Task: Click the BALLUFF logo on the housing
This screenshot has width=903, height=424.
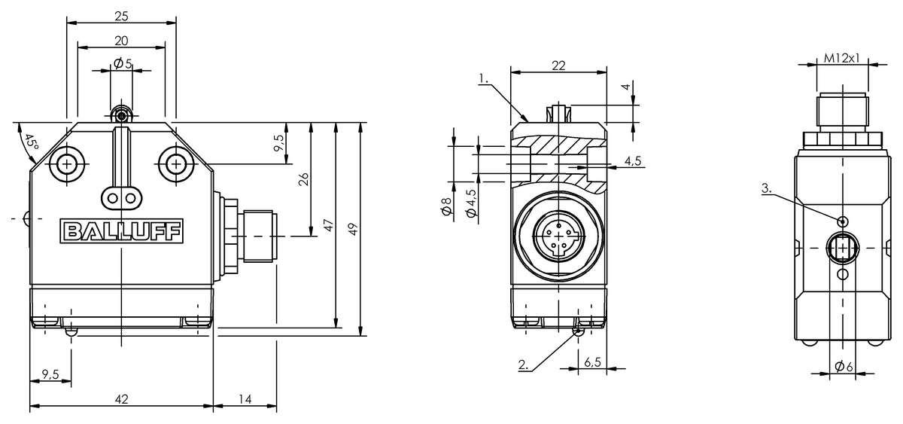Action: point(121,231)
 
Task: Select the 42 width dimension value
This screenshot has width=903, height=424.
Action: point(121,399)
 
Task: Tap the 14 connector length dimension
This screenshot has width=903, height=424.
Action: point(245,399)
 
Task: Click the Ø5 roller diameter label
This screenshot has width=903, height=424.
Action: point(123,64)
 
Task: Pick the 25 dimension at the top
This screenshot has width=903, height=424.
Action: point(121,16)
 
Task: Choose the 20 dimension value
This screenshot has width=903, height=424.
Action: point(121,41)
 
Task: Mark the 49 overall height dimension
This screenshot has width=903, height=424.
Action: point(353,229)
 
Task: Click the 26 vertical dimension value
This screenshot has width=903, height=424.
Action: point(303,179)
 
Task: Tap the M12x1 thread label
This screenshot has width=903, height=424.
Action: point(842,59)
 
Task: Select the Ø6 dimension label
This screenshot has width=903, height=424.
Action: point(844,366)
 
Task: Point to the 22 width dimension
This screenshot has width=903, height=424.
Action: point(558,66)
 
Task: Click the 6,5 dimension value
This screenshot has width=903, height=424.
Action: point(592,362)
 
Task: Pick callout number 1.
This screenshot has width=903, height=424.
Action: point(483,78)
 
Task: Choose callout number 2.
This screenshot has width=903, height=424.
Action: point(523,365)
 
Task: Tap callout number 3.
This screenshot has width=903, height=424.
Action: point(767,188)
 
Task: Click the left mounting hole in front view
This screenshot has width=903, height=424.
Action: point(67,164)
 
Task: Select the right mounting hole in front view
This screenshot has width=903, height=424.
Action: point(176,164)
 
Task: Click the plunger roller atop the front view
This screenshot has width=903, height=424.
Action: point(121,117)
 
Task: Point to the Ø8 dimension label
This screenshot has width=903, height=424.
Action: point(447,206)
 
